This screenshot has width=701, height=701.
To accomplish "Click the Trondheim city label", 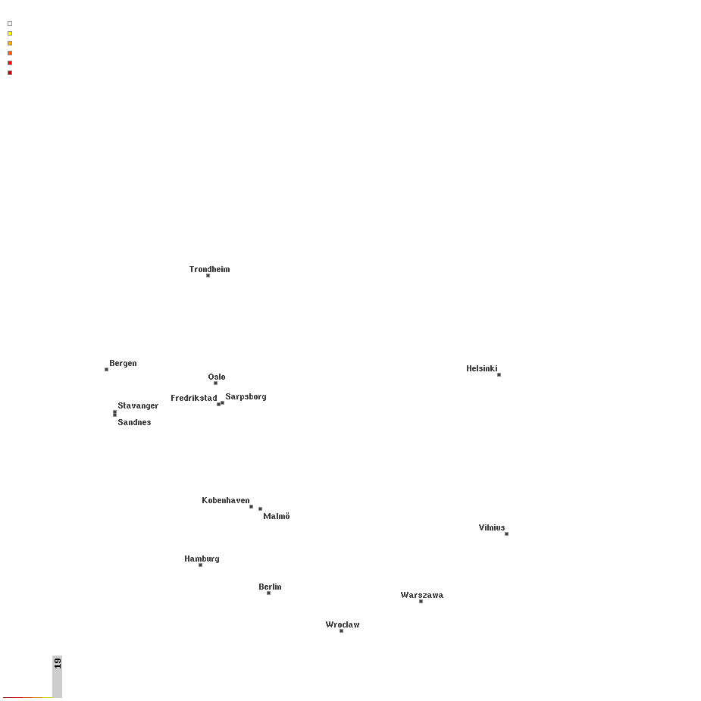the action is pyautogui.click(x=209, y=269).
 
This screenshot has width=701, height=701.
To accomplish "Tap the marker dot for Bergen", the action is pyautogui.click(x=106, y=369).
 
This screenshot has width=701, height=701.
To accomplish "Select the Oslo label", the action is pyautogui.click(x=217, y=377).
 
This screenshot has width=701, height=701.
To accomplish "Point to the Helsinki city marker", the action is pyautogui.click(x=499, y=374).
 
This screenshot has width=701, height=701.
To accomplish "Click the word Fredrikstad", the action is pyautogui.click(x=193, y=398).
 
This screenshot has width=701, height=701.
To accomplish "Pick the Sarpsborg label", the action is pyautogui.click(x=246, y=396).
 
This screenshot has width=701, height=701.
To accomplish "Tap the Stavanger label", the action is pyautogui.click(x=138, y=405).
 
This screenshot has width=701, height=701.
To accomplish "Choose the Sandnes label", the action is pyautogui.click(x=134, y=422).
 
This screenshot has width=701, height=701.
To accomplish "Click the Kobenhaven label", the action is pyautogui.click(x=226, y=500).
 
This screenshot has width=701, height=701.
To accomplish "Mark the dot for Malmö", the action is pyautogui.click(x=260, y=509).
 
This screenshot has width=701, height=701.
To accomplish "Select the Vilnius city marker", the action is pyautogui.click(x=506, y=534).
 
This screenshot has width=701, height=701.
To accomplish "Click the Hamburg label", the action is pyautogui.click(x=202, y=559).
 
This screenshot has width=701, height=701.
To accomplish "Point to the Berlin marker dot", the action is pyautogui.click(x=269, y=593).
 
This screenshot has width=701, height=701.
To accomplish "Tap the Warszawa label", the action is pyautogui.click(x=422, y=595).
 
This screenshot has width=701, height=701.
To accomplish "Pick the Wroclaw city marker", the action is pyautogui.click(x=341, y=631).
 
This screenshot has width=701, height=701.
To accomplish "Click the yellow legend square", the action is pyautogui.click(x=10, y=33).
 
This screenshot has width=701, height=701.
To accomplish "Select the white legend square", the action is pyautogui.click(x=10, y=23).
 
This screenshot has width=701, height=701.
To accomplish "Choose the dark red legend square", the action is pyautogui.click(x=10, y=73).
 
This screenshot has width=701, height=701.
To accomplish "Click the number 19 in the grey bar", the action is pyautogui.click(x=58, y=663).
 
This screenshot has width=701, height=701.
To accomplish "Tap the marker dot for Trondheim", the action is pyautogui.click(x=208, y=275).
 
